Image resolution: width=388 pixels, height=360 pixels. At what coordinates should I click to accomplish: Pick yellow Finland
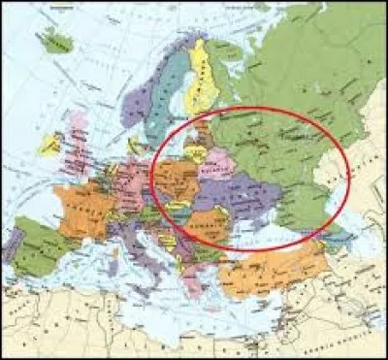click(205, 73)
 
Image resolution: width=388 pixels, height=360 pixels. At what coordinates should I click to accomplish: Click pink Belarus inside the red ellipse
click(218, 160)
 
